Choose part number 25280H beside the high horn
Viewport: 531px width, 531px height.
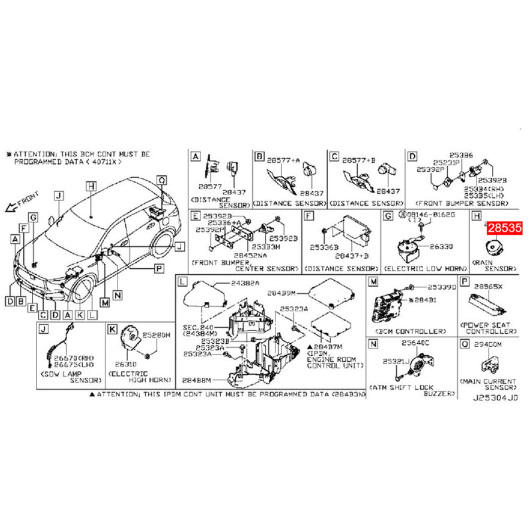coord(157,337)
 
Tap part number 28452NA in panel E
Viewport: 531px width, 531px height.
coord(250,255)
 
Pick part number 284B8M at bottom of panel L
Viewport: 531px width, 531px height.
coord(196,382)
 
